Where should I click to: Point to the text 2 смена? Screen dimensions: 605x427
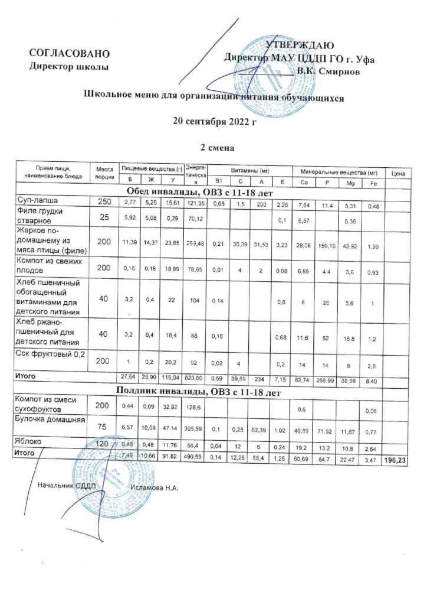point(213,147)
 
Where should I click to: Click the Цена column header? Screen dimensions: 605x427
point(397,174)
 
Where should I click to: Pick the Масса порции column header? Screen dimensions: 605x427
point(104,173)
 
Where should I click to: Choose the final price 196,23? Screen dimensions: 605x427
point(398,454)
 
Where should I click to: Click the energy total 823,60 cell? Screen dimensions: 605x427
point(195,376)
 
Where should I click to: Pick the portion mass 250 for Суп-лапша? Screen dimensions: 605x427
point(104,201)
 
